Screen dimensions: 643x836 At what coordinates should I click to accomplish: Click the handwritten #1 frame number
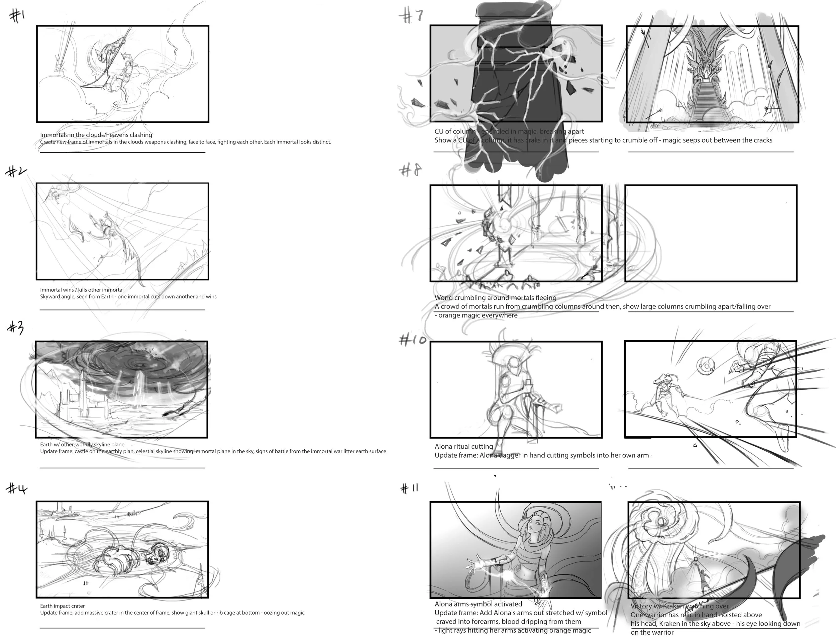[x=17, y=16]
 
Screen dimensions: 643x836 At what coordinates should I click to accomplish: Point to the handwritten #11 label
[x=410, y=488]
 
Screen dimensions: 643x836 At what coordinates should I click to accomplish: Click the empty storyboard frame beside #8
[x=711, y=233]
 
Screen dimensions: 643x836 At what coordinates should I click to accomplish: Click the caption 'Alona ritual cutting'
[x=463, y=446]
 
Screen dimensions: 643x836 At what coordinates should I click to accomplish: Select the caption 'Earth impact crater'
[x=62, y=606]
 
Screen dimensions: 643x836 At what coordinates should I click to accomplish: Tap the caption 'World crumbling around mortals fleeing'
[x=495, y=297]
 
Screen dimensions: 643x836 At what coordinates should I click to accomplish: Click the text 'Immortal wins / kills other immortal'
[x=82, y=290]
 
